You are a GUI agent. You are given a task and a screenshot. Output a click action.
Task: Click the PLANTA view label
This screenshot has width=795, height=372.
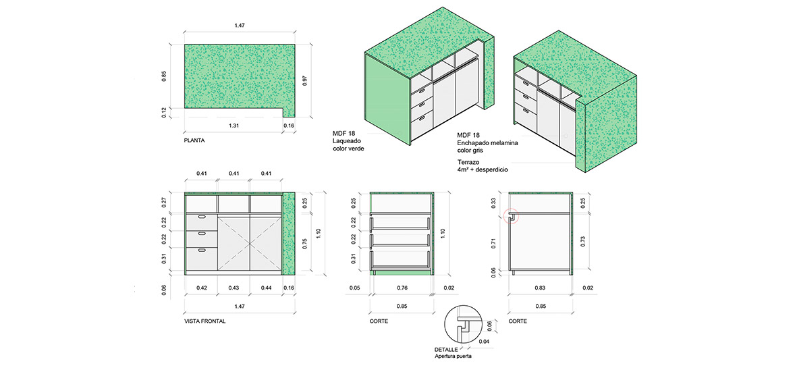(x=194, y=140)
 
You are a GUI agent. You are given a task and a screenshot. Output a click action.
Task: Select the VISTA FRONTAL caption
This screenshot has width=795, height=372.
(x=205, y=321)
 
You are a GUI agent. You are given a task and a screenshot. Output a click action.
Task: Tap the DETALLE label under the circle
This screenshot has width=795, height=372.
(x=446, y=350)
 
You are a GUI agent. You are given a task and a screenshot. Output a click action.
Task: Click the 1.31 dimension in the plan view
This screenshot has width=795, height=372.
(x=233, y=126)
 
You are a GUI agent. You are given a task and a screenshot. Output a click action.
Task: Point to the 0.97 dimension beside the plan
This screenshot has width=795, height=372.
(x=305, y=80)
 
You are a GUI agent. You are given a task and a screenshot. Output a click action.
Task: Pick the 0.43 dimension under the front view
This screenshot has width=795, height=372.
(x=234, y=288)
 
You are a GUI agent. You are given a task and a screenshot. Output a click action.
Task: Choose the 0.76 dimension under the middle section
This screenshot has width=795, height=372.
(x=401, y=288)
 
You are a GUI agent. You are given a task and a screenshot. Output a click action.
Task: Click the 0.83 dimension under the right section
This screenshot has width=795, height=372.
(x=540, y=288)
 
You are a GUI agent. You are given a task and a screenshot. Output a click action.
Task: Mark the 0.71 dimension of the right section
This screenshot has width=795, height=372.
(x=494, y=243)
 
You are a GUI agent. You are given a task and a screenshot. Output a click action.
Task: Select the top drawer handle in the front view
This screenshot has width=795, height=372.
(x=201, y=217)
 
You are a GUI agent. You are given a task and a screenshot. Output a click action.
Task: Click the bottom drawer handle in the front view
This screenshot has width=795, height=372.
(x=201, y=250)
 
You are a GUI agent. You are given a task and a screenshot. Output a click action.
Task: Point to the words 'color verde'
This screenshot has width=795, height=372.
(x=348, y=148)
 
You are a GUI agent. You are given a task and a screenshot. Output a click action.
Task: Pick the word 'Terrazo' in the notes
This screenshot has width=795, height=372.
(x=468, y=163)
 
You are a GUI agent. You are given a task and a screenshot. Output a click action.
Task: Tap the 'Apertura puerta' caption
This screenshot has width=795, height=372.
(x=454, y=356)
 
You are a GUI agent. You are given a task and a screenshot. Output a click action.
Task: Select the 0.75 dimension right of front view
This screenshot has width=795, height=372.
(x=305, y=243)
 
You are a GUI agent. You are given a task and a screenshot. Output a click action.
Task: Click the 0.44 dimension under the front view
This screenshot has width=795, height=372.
(x=266, y=288)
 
